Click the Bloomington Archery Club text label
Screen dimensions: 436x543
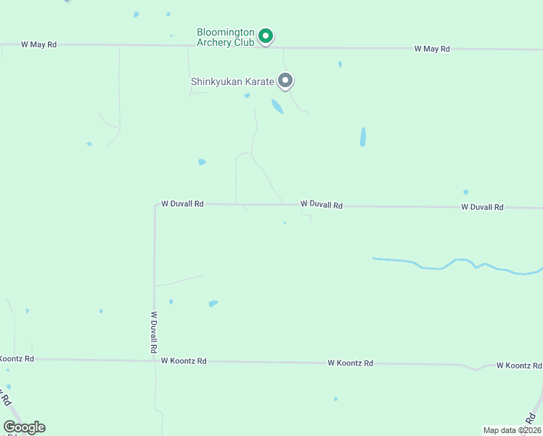pos(226,37)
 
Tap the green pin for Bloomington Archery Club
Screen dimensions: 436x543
pos(266,35)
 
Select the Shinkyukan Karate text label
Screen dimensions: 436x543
pos(232,82)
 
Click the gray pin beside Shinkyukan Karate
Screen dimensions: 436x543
pos(286,81)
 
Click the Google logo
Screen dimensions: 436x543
pos(24,427)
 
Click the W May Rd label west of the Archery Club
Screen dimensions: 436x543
pos(38,45)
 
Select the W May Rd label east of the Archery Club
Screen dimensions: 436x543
pos(432,49)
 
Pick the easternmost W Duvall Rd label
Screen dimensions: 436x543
pos(482,207)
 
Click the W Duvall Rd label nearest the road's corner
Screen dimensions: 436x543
pos(182,205)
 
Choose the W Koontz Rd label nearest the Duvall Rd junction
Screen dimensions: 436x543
pos(184,361)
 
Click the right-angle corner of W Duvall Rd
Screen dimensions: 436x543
pos(155,206)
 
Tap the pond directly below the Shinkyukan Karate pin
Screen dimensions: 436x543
pos(277,107)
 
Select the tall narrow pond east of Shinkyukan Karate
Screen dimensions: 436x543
pos(363,137)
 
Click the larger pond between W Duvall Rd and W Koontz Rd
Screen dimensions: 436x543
pos(213,303)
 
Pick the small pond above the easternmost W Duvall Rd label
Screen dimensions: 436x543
pos(465,193)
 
